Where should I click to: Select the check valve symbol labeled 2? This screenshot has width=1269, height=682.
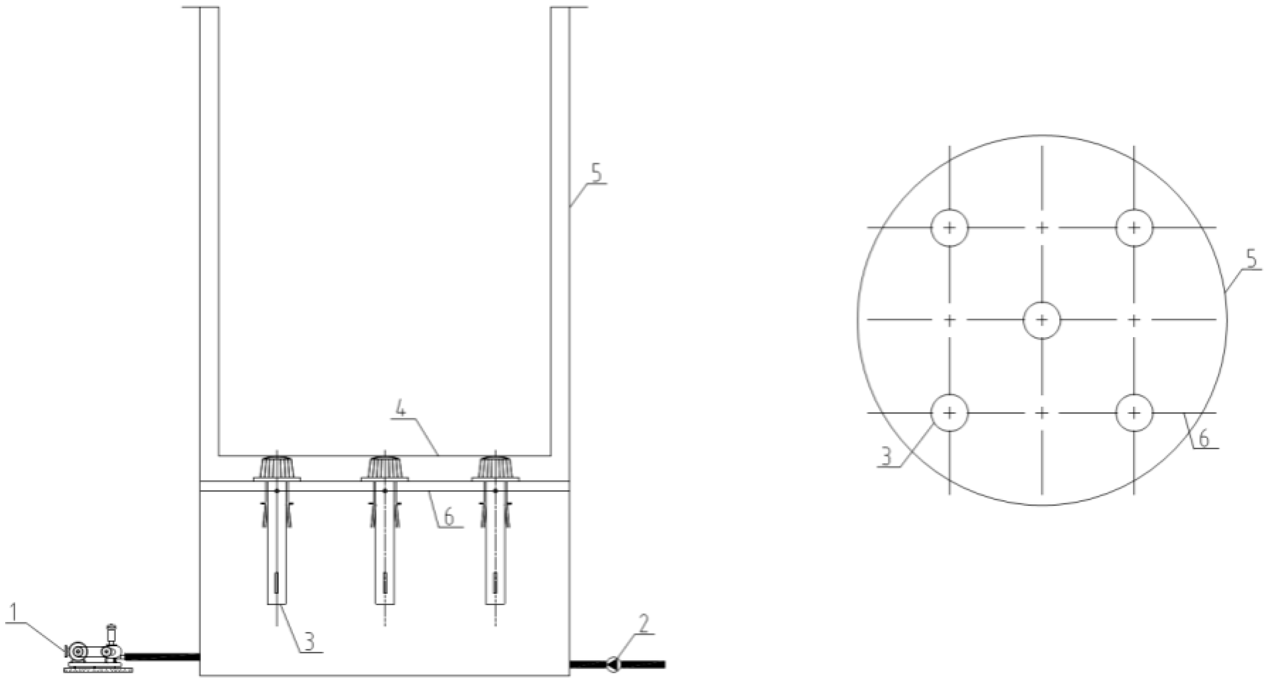pos(613,664)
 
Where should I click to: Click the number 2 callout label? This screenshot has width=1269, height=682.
pos(644,623)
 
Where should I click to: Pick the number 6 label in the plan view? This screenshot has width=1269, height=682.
pos(1204,439)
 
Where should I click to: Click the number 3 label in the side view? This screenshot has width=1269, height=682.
pos(309,642)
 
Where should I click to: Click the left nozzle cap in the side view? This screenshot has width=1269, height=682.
pos(277,468)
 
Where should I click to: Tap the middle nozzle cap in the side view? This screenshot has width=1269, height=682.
pos(385,468)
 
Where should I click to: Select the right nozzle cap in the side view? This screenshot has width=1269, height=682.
pos(495,468)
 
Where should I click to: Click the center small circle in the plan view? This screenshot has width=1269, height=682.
pos(1042,320)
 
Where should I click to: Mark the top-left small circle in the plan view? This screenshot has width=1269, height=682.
pos(949,228)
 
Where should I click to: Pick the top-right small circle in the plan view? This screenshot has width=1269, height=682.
pos(1135,228)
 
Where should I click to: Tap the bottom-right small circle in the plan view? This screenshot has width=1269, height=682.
pos(1135,413)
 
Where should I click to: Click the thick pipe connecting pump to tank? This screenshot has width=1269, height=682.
pos(161,657)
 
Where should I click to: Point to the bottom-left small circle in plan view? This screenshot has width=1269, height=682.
pos(949,413)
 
